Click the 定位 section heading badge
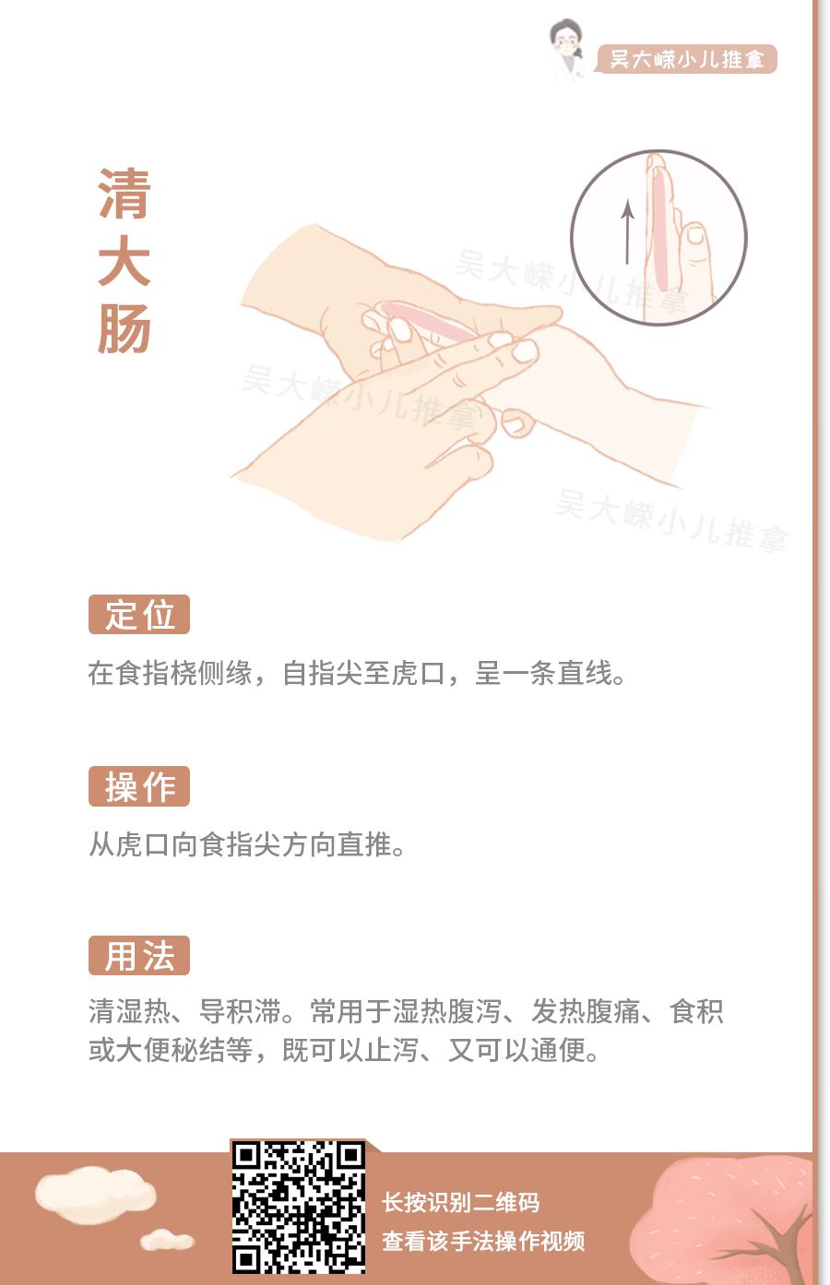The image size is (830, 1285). pyautogui.click(x=139, y=615)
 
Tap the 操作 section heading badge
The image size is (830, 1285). pyautogui.click(x=139, y=786)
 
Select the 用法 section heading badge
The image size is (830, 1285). pyautogui.click(x=139, y=956)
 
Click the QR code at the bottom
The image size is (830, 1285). pyautogui.click(x=298, y=1207)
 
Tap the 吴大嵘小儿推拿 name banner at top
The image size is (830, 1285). pyautogui.click(x=687, y=60)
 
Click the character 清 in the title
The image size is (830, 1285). pyautogui.click(x=125, y=195)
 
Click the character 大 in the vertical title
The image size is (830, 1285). pyautogui.click(x=125, y=263)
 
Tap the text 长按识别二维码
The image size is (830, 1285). pyautogui.click(x=461, y=1202)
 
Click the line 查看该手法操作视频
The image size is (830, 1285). pyautogui.click(x=483, y=1242)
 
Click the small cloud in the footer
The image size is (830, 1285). pyautogui.click(x=167, y=1240)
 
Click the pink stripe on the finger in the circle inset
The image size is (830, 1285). pyautogui.click(x=660, y=230)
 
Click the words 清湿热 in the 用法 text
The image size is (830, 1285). pyautogui.click(x=129, y=1012)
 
